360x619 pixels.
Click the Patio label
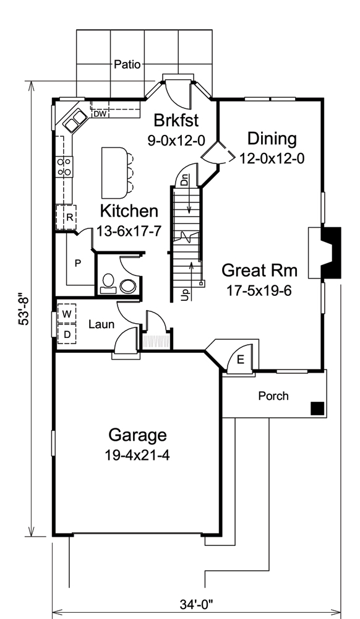(x=127, y=64)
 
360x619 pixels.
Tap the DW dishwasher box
(x=99, y=114)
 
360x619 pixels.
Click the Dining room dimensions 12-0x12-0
(x=272, y=158)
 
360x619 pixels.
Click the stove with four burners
(x=64, y=165)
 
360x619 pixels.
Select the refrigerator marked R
(x=66, y=217)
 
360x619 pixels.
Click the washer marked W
(x=66, y=314)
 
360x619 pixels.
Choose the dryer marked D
(x=66, y=334)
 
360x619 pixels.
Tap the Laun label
(x=99, y=324)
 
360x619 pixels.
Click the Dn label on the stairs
(x=184, y=181)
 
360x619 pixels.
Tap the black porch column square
(x=317, y=408)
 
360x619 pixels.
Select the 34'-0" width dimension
(x=198, y=602)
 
